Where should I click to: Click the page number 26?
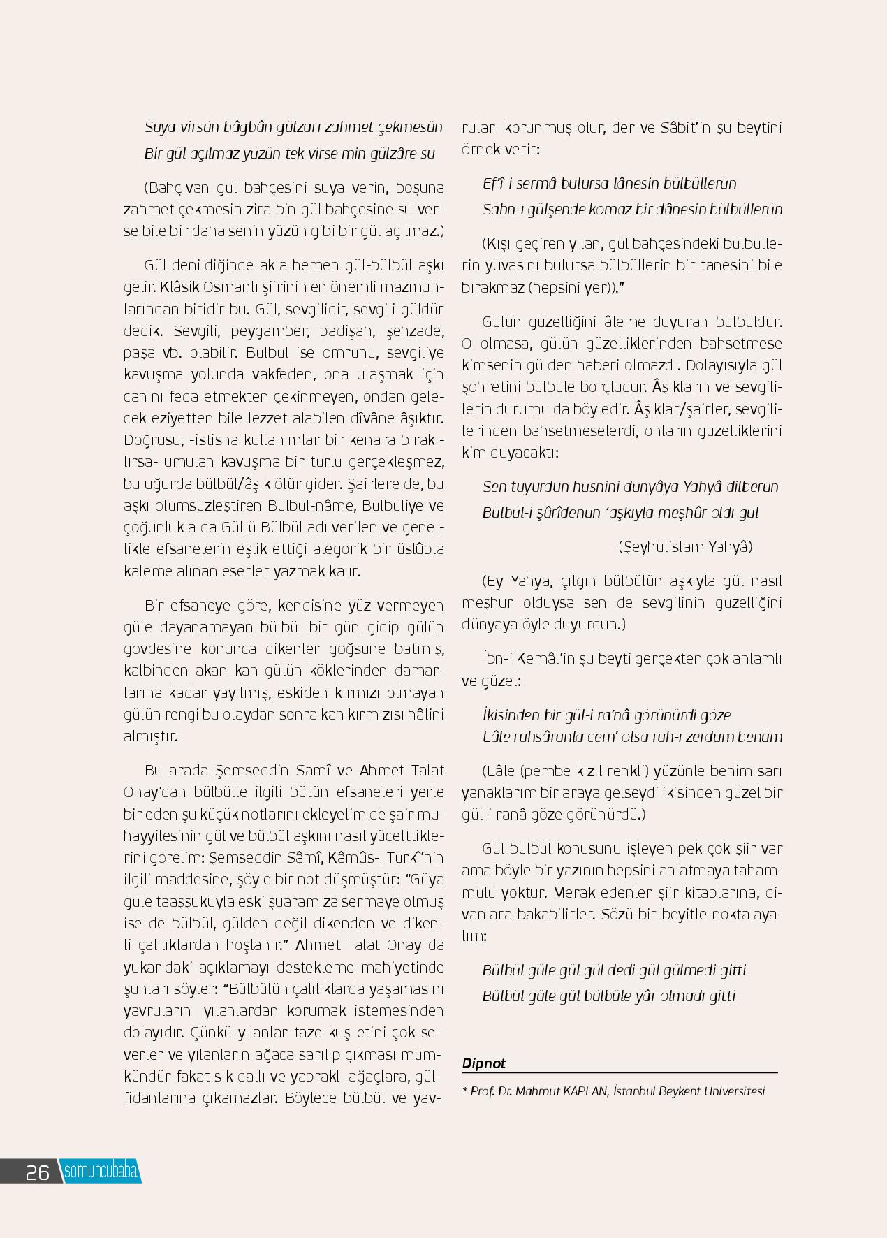point(37,1172)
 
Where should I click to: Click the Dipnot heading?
point(483,1063)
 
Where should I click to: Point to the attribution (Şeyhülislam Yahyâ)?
point(685,547)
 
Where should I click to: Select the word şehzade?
point(416,331)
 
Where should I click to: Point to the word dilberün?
point(752,487)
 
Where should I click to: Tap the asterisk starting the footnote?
point(465,1091)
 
